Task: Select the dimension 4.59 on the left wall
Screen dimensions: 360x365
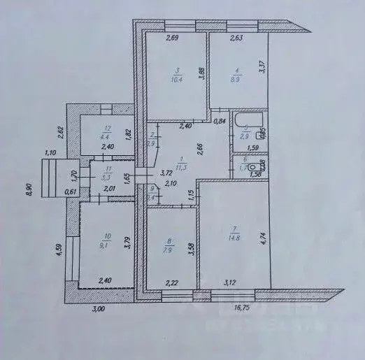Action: pos(61,250)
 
